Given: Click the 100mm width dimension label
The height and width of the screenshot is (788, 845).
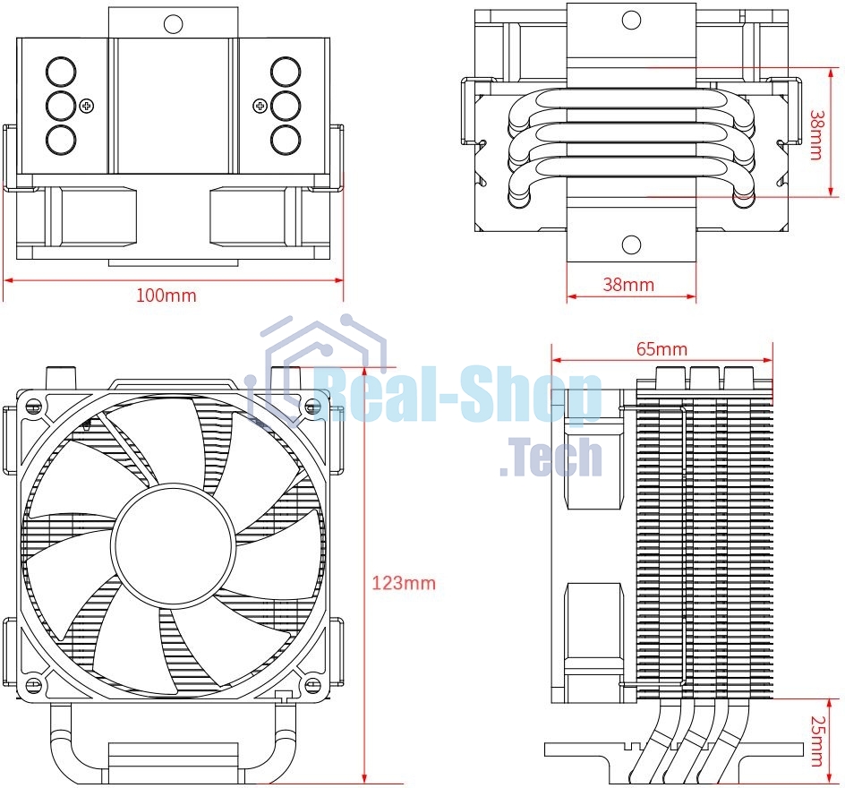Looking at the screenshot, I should tap(166, 295).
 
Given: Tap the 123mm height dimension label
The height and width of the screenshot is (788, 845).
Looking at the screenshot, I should tap(403, 583).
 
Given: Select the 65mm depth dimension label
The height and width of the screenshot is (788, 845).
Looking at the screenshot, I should tap(661, 348).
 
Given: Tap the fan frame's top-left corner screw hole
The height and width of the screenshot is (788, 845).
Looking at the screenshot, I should tap(34, 406).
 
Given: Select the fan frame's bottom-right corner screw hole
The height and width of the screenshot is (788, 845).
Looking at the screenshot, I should tap(312, 685).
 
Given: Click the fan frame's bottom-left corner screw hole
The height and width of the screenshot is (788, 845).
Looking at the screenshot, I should tap(34, 685).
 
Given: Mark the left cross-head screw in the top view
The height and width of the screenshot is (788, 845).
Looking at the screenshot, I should tap(87, 106).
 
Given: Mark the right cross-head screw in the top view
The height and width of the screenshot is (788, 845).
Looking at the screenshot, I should tap(260, 106).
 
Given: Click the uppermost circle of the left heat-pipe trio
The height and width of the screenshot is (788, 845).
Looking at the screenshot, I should tap(60, 71).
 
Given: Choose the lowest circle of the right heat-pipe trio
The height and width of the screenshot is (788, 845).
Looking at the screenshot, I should tap(285, 140).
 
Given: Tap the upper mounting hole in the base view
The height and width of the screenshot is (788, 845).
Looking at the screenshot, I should tap(631, 20).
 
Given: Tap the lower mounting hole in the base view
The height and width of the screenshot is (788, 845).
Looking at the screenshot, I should tap(631, 244).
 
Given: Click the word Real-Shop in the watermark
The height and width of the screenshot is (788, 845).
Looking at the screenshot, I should tap(457, 397).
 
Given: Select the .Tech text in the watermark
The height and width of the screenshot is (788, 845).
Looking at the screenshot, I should tap(551, 457).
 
